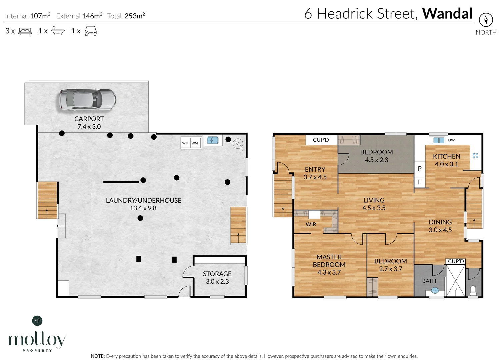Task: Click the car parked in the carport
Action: [x=88, y=100]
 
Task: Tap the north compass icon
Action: [x=486, y=20]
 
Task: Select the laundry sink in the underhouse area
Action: [x=213, y=140]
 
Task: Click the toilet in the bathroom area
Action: [x=473, y=291]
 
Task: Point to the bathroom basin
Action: [x=435, y=291]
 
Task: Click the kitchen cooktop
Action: [x=475, y=156]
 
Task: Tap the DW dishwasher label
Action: [x=451, y=140]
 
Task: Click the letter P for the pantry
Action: [x=420, y=169]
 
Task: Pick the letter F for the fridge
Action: [x=420, y=182]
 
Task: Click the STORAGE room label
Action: [x=217, y=274]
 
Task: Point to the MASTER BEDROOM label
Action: [x=329, y=261]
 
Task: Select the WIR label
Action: [x=311, y=224]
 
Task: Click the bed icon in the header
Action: [x=25, y=31]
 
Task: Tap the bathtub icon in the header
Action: [x=58, y=31]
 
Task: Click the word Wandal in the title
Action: [x=447, y=14]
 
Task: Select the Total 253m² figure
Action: [x=126, y=16]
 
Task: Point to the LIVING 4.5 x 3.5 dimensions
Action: [x=374, y=208]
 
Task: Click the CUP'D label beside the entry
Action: [x=321, y=140]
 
